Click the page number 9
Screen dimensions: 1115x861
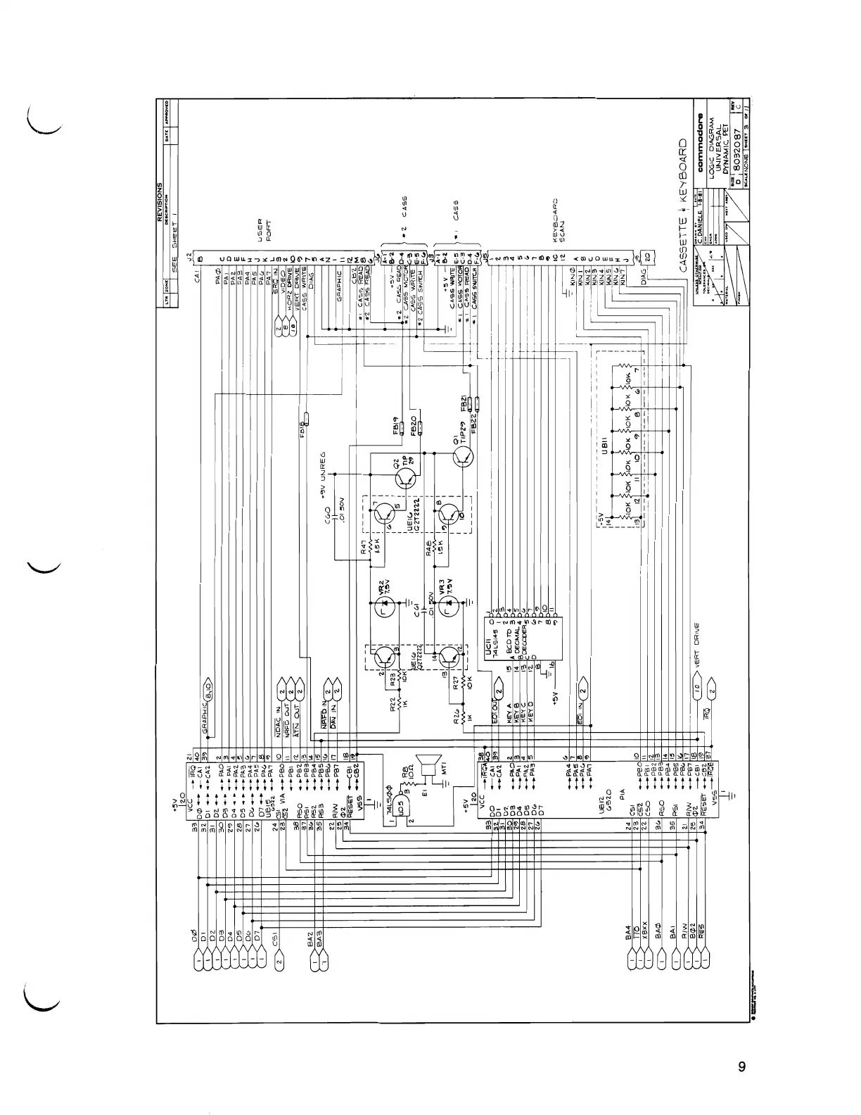tap(741, 1066)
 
